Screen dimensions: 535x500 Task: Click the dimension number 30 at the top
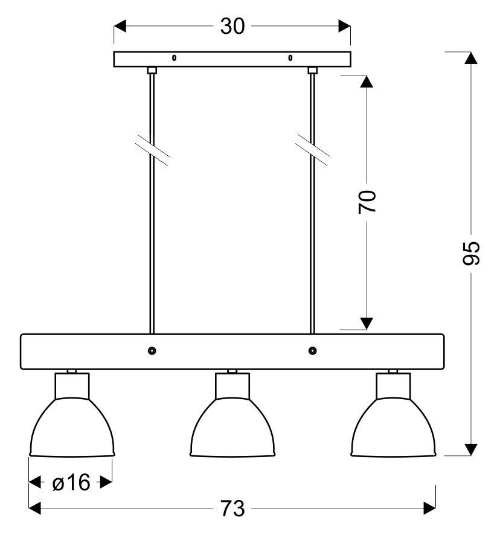(232, 27)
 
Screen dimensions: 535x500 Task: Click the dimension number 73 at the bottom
(232, 509)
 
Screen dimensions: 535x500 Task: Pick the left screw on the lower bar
(152, 351)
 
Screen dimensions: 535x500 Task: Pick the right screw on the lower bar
(312, 351)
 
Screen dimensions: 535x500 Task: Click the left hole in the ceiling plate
(174, 59)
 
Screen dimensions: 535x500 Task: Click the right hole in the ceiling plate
(290, 59)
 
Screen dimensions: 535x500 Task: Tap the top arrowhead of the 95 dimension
(472, 58)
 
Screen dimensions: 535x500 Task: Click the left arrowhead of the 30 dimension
(120, 27)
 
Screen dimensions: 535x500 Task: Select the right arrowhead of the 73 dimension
(429, 509)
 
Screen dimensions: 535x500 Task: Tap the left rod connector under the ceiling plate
(152, 71)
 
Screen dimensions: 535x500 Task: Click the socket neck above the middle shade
(232, 385)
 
